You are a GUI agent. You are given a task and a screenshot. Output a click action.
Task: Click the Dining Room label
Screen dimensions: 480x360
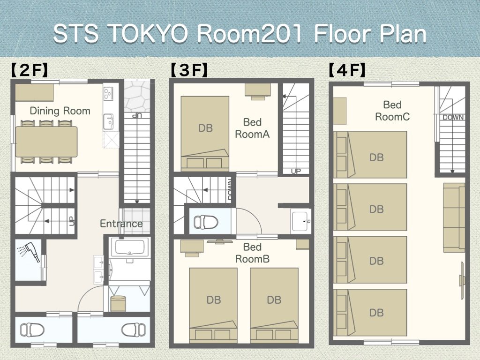[60, 111]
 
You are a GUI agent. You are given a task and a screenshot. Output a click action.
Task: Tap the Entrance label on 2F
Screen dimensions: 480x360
[121, 224]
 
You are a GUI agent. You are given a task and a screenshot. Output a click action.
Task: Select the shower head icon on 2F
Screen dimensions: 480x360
[28, 252]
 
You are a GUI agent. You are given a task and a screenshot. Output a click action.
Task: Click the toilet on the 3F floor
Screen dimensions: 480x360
[206, 222]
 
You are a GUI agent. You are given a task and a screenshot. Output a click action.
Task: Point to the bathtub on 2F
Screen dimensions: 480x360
[130, 247]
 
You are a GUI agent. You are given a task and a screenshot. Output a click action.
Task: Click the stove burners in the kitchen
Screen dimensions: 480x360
[108, 94]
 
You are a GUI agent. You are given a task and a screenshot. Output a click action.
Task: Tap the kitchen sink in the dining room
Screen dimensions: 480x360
[108, 121]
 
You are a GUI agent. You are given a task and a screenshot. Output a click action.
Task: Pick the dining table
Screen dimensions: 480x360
[46, 142]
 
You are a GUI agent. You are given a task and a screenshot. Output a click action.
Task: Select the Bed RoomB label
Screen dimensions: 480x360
[252, 253]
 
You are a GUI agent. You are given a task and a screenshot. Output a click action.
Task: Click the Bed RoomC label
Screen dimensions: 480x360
[392, 111]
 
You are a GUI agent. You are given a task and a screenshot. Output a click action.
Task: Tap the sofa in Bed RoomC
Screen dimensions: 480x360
[454, 217]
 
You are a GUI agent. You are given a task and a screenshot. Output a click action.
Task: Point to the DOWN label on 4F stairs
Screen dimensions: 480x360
[453, 117]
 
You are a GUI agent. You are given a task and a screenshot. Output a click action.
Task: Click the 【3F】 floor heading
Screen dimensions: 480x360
[189, 70]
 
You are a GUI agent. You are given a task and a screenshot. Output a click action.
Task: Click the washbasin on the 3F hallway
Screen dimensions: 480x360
[300, 220]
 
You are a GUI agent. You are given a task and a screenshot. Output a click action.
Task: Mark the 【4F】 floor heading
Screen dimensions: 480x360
[347, 70]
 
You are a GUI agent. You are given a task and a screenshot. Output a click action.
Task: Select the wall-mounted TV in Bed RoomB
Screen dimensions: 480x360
[219, 241]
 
